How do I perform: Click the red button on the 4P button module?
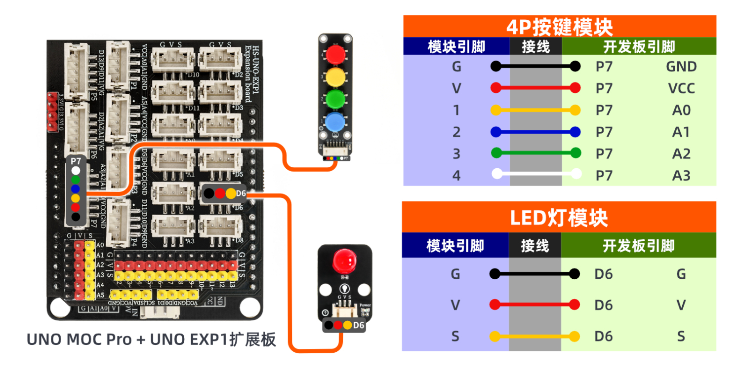[335, 53]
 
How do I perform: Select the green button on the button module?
[335, 98]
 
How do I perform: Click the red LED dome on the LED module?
[345, 260]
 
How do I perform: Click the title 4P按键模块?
[559, 27]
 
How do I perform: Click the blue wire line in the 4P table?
[536, 132]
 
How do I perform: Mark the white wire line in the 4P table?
[536, 174]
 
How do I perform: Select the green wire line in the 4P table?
[536, 153]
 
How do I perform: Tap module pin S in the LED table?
[455, 337]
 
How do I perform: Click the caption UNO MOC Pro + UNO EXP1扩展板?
[151, 340]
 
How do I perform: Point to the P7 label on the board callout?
[76, 161]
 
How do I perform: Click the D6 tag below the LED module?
[359, 325]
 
